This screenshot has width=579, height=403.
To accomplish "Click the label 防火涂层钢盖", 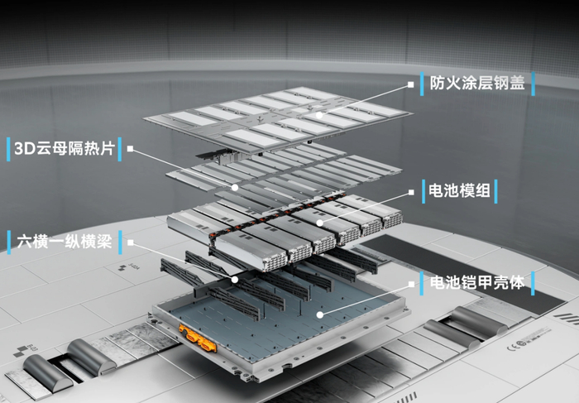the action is [x=476, y=83].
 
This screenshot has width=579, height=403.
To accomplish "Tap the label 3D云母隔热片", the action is [x=65, y=148].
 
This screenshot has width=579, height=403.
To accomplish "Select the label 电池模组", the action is [x=459, y=191].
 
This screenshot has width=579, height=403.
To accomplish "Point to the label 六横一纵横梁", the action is [x=65, y=242].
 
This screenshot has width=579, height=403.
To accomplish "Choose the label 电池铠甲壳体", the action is [x=476, y=282].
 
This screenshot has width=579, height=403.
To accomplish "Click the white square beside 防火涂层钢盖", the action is [x=410, y=84].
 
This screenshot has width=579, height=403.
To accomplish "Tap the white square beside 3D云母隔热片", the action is [x=130, y=148].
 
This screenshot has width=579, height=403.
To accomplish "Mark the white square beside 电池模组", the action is [x=411, y=192].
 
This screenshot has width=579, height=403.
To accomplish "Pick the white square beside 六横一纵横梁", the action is [x=131, y=242].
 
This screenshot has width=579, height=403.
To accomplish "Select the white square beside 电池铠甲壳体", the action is [x=411, y=284].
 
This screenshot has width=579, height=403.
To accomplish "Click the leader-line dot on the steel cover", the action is [x=319, y=115].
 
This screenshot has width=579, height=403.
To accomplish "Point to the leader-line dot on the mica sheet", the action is [x=235, y=187].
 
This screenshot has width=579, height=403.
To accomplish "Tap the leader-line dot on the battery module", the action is [x=320, y=223].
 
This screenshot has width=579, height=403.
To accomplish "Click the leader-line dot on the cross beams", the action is [x=235, y=280].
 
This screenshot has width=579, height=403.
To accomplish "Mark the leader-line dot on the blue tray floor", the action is [x=320, y=314].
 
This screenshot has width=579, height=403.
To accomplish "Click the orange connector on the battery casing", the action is [x=197, y=337].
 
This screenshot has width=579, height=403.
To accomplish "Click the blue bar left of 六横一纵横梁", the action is [x=9, y=242].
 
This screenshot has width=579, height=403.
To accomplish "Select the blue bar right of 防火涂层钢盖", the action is [x=533, y=84].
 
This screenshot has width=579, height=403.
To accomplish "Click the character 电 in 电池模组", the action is [x=436, y=191].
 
